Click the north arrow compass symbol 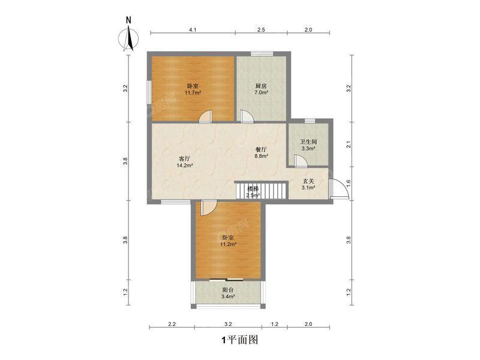(x=128, y=38)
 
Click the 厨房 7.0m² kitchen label (x=261, y=89)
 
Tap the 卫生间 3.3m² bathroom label (x=308, y=145)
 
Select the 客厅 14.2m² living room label (x=185, y=162)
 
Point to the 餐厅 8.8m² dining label (x=261, y=153)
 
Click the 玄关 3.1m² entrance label (x=308, y=185)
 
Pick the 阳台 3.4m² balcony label (x=228, y=293)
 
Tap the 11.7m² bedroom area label (x=193, y=92)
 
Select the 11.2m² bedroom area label (x=228, y=244)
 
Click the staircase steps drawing (x=262, y=190)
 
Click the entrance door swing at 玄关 (x=339, y=188)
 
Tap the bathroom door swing (x=301, y=161)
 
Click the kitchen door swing (x=247, y=116)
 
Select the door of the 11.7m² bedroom (x=205, y=116)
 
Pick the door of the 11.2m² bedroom (x=209, y=208)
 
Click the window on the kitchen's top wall (x=262, y=54)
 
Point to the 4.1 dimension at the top (x=193, y=29)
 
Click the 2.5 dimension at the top (x=261, y=29)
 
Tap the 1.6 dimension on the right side (x=348, y=184)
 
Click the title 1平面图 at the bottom (x=240, y=340)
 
